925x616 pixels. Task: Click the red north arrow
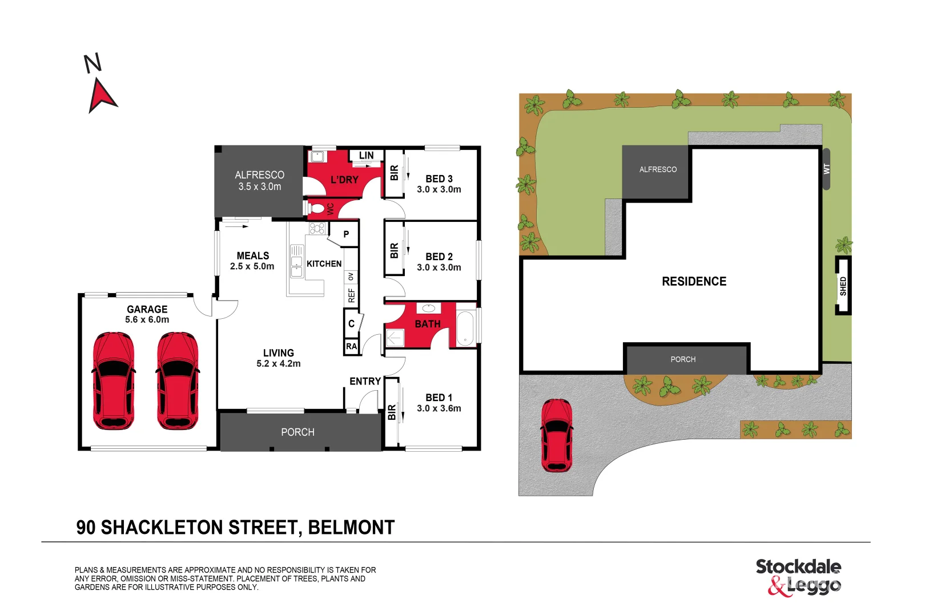coord(102,95)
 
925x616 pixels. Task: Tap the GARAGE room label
coord(147,309)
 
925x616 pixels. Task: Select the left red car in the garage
coord(114,380)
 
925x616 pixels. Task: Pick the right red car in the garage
coord(178,380)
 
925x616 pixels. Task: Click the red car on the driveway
coord(556,435)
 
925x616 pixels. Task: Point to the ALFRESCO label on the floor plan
coord(259,175)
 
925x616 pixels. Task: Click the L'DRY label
coord(344,180)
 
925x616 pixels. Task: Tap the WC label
coord(330,209)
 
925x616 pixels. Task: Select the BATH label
coord(427,324)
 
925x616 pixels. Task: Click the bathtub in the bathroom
coord(465,329)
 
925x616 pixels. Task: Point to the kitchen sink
coord(296,261)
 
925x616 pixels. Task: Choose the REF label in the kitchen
coord(351,295)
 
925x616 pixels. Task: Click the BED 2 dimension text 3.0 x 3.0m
coord(439,268)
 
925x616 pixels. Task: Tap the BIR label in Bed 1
coord(392,412)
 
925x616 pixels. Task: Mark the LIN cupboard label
coord(366,155)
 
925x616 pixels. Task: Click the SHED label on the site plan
coord(843,286)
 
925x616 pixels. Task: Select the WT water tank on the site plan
coord(826,169)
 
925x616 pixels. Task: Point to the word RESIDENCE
coord(694,281)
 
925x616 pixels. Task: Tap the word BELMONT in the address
coord(351,528)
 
